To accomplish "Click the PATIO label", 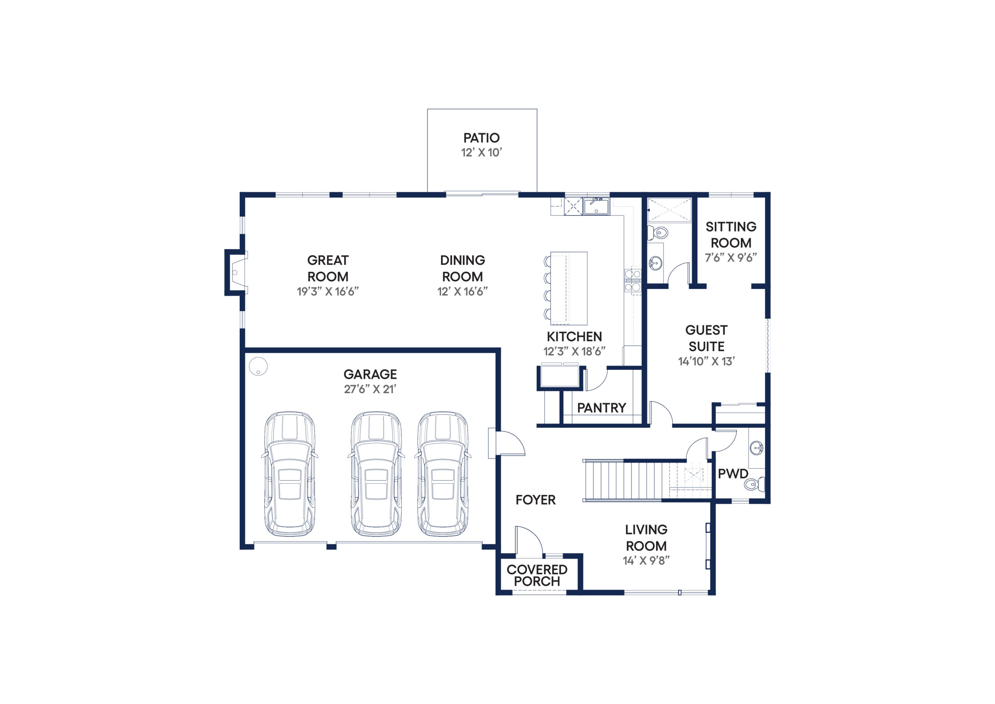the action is [x=482, y=138].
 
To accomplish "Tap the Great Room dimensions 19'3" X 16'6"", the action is [x=328, y=291].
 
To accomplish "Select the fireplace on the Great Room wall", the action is [x=236, y=272].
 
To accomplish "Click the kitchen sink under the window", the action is [x=596, y=206].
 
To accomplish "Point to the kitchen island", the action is [x=569, y=288].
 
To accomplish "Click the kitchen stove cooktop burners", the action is [x=633, y=281].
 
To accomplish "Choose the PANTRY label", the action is [x=602, y=408].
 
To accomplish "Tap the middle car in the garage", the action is [x=376, y=474].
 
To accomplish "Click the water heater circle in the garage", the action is [x=258, y=366].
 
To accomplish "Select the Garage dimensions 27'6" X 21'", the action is [x=370, y=389].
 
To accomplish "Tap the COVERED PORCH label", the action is [x=537, y=575].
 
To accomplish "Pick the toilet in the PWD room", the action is [x=755, y=483].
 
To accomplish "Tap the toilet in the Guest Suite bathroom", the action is [x=657, y=233].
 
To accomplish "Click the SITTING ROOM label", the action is [x=731, y=235].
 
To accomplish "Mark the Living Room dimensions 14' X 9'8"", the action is [x=646, y=560].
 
